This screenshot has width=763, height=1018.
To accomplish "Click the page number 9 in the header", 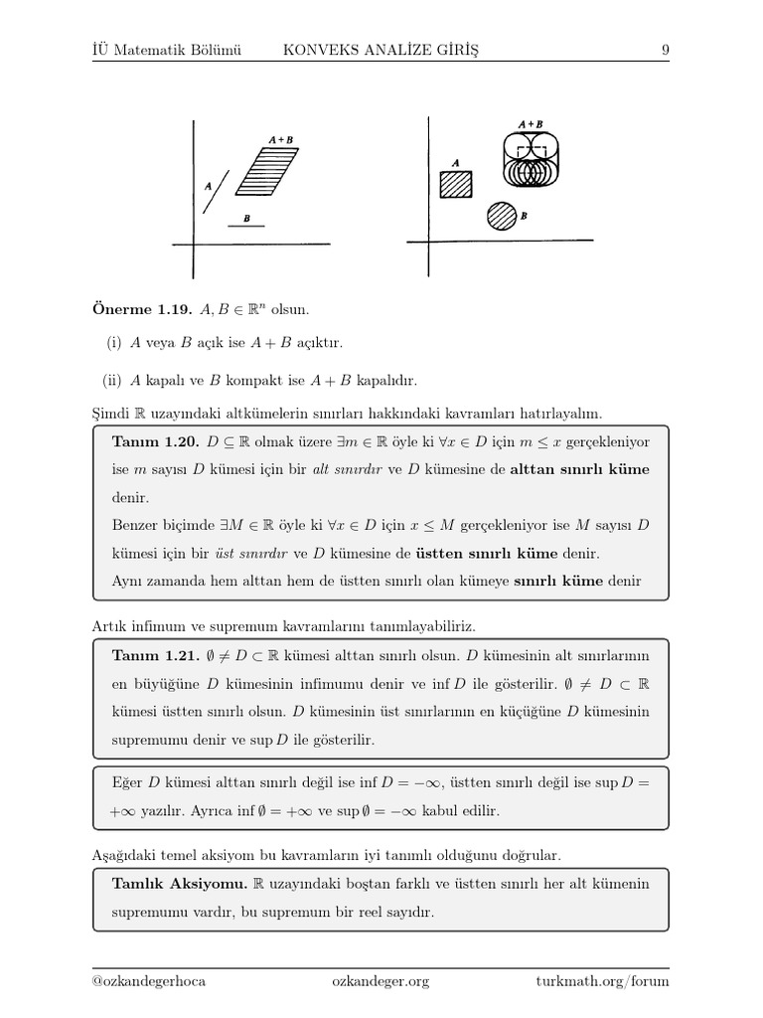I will pyautogui.click(x=664, y=50).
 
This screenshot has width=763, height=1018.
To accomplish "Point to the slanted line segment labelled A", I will pyautogui.click(x=216, y=191).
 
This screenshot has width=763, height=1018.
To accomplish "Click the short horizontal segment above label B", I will pyautogui.click(x=245, y=227).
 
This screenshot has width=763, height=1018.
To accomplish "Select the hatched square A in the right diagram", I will pyautogui.click(x=456, y=185).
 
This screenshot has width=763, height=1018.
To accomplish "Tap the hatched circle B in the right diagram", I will pyautogui.click(x=502, y=216).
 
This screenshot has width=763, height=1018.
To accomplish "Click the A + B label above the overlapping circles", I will pyautogui.click(x=530, y=124).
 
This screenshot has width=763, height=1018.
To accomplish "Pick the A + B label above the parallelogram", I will pyautogui.click(x=281, y=140).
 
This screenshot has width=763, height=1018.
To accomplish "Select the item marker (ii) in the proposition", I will pyautogui.click(x=112, y=380).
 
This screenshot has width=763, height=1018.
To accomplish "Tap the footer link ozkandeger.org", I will pyautogui.click(x=381, y=981).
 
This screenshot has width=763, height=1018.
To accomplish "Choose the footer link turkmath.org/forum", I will pyautogui.click(x=602, y=981).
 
